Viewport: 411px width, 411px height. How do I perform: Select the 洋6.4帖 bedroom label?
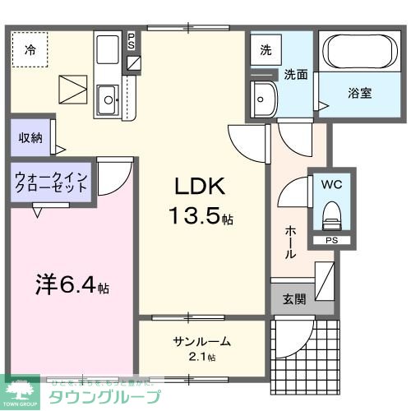click(x=71, y=288)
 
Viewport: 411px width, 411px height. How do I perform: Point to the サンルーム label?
click(x=201, y=341)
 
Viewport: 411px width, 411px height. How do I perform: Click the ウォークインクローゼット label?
click(x=51, y=181)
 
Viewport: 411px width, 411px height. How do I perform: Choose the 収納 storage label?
click(x=30, y=138)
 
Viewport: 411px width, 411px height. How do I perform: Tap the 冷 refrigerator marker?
click(x=30, y=49)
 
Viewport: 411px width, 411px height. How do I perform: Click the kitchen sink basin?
click(x=108, y=102)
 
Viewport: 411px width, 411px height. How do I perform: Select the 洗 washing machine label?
click(x=266, y=49)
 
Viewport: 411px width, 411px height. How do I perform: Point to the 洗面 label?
click(x=296, y=74)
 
